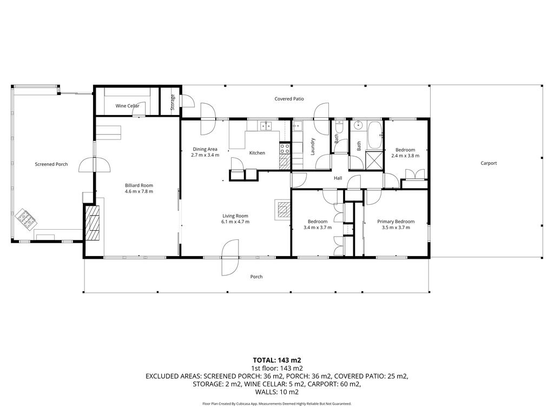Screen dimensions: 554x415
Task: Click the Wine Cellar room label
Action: click(127, 106)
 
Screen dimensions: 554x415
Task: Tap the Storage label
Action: click(173, 102)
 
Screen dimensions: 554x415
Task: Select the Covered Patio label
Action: click(289, 99)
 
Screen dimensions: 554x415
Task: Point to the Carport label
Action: click(489, 163)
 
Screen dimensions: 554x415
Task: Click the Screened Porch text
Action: click(51, 164)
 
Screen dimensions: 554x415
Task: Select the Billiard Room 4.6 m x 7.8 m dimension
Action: click(139, 192)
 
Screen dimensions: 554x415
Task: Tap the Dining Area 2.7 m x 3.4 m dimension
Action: click(205, 155)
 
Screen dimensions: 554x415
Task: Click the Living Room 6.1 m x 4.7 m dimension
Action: click(235, 222)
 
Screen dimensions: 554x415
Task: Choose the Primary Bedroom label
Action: click(395, 222)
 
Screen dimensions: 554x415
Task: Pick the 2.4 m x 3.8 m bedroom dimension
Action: click(405, 156)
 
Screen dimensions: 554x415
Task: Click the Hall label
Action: click(338, 178)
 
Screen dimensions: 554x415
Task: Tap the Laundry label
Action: click(312, 146)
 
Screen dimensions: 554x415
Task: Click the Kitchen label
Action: click(257, 153)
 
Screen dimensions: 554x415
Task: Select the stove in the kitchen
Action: click(285, 148)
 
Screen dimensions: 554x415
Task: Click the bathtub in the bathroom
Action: click(374, 135)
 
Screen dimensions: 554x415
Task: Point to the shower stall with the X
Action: click(374, 160)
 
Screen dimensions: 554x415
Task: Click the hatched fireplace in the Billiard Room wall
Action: click(94, 223)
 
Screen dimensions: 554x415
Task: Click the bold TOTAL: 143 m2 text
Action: click(277, 360)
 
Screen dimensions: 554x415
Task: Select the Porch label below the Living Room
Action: click(256, 277)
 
